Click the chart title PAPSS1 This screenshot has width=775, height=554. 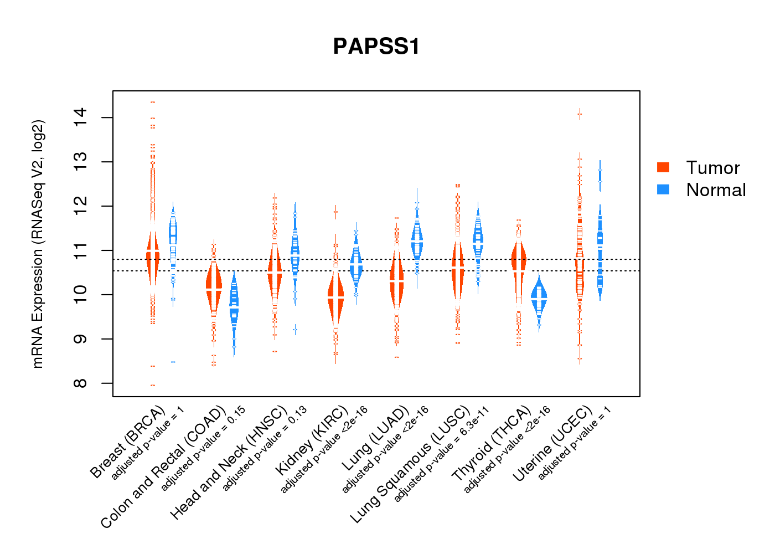376,47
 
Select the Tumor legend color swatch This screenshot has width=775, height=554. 663,167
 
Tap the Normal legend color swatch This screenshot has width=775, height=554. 663,189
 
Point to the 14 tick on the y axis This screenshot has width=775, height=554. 81,117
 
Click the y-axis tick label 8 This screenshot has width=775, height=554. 81,383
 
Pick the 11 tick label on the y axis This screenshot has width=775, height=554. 81,250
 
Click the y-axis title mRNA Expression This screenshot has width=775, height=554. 38,244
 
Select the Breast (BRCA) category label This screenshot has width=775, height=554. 127,442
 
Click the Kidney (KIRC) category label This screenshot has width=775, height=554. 312,440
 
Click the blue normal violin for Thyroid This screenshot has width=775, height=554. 539,299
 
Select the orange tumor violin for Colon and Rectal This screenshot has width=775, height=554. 214,288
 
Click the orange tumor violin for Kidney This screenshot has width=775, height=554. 335,299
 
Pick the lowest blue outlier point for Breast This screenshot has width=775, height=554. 173,362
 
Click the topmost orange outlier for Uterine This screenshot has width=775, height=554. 580,115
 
